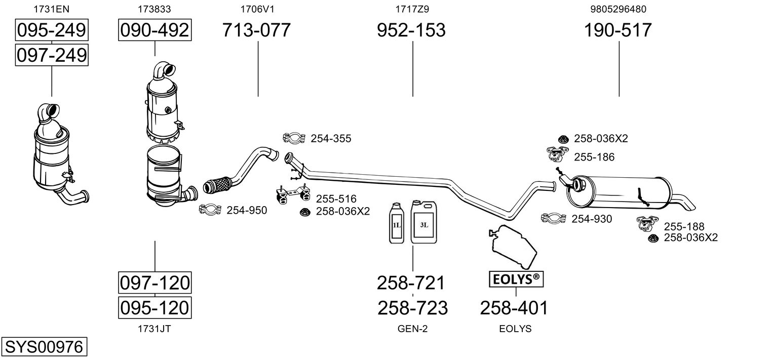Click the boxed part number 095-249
pyautogui.click(x=52, y=30)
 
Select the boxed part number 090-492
pyautogui.click(x=154, y=30)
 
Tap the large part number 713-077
pyautogui.click(x=257, y=30)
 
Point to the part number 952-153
pyautogui.click(x=411, y=30)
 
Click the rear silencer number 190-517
pyautogui.click(x=618, y=30)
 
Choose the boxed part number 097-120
pyautogui.click(x=154, y=283)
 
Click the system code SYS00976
pyautogui.click(x=44, y=347)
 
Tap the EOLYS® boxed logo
pyautogui.click(x=515, y=278)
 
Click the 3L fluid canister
pyautogui.click(x=423, y=223)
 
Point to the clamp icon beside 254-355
pyautogui.click(x=294, y=138)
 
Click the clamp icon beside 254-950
pyautogui.click(x=210, y=209)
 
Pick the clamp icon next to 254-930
pyautogui.click(x=553, y=218)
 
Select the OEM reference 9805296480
pyautogui.click(x=618, y=9)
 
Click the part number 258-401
pyautogui.click(x=514, y=307)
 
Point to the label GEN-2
pyautogui.click(x=412, y=329)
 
